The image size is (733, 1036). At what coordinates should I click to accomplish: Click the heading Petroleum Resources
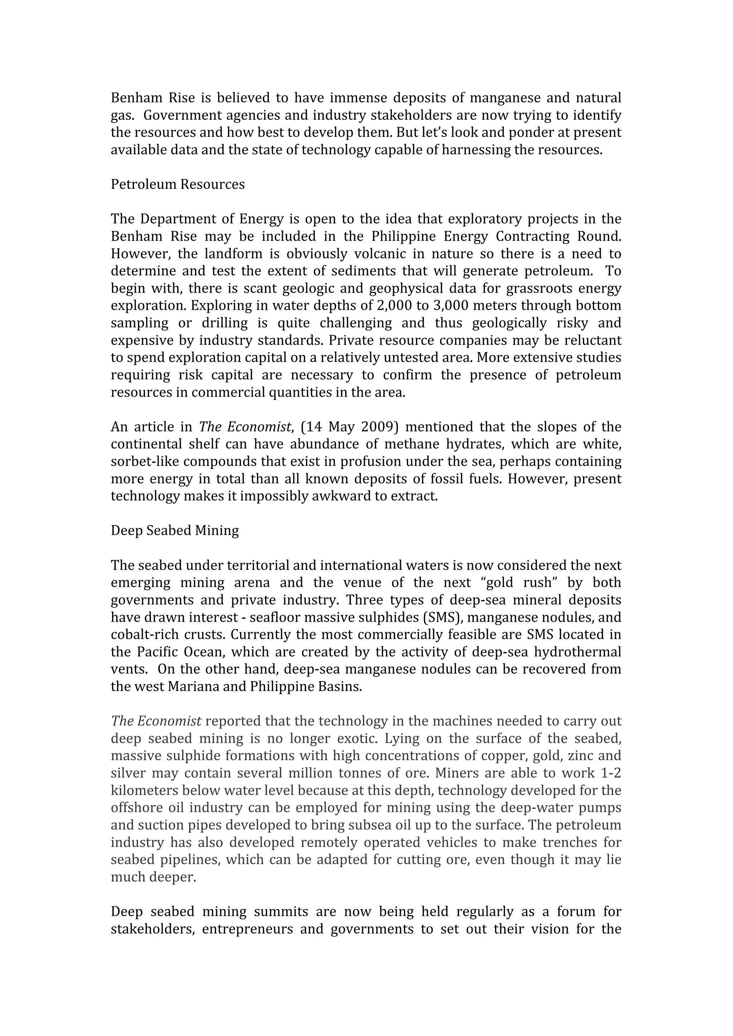tap(178, 185)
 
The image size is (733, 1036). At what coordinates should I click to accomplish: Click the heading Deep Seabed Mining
tap(175, 531)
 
